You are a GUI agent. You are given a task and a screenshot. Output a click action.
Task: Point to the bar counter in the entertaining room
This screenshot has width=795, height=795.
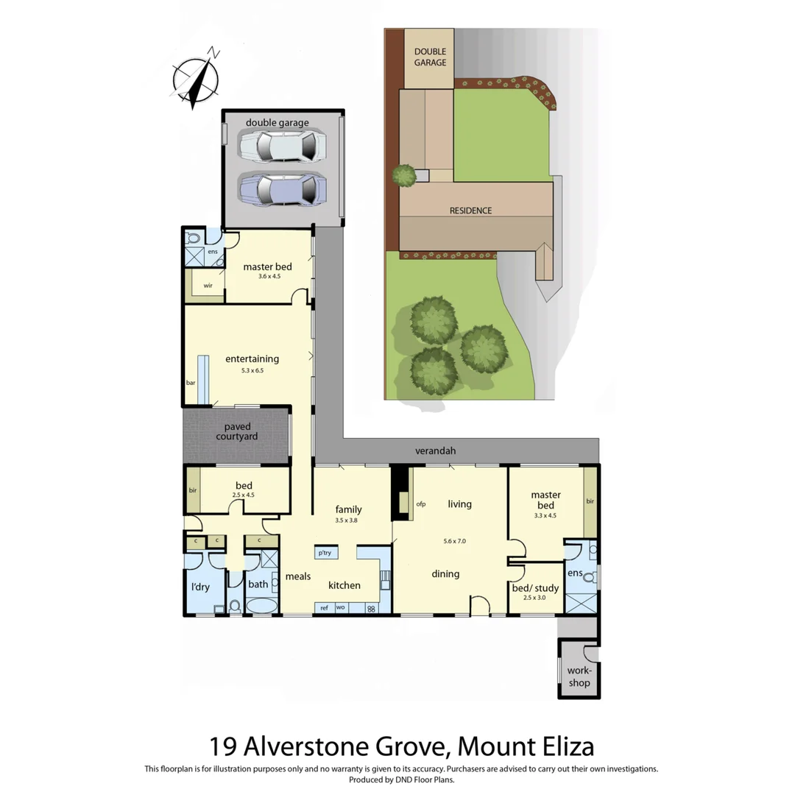[x=202, y=379]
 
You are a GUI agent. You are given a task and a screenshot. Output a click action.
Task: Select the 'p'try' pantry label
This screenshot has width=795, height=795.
[x=323, y=552]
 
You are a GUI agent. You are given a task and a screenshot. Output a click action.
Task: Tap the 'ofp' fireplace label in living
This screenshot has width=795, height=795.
[x=422, y=504]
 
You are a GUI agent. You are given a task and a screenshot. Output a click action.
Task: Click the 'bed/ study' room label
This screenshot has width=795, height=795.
[x=535, y=588]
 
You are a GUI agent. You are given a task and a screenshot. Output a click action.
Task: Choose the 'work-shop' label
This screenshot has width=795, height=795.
[x=579, y=677]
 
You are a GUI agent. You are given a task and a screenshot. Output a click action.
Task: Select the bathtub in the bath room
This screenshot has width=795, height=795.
[x=261, y=607]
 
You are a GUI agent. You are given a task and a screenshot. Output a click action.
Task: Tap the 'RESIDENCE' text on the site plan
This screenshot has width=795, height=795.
[x=471, y=211]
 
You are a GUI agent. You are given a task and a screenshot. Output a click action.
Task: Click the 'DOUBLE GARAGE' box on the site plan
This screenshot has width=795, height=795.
[x=430, y=57]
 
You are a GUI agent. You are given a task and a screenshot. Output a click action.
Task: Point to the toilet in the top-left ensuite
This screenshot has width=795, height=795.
[x=194, y=239]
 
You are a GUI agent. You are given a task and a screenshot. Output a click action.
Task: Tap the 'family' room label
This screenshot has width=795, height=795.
[x=348, y=509]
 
